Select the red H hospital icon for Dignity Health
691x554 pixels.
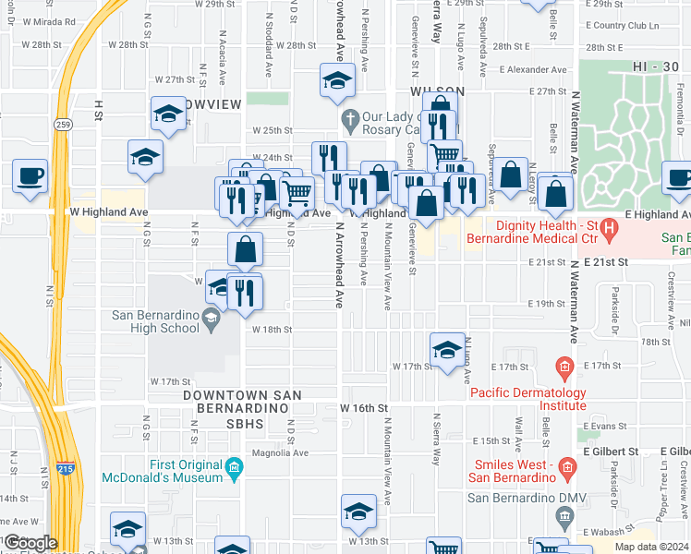[609, 226]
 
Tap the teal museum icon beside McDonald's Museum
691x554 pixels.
[235, 470]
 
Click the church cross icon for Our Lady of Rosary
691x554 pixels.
[349, 118]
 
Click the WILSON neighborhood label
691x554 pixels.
[436, 91]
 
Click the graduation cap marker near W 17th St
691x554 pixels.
[447, 350]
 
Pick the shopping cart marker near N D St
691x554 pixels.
[297, 192]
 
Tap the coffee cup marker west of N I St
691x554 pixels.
[30, 175]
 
